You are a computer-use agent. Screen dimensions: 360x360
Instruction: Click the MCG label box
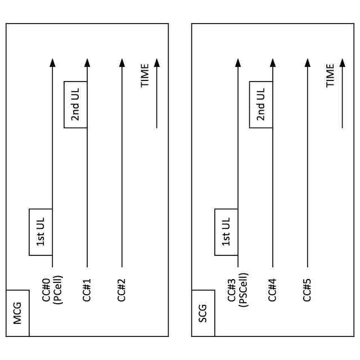pos(17,313)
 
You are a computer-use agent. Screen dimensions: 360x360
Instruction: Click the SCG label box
pos(203,313)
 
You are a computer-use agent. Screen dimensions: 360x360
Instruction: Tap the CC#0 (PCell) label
pos(52,289)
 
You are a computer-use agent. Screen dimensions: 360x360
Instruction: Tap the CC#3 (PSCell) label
pos(238,289)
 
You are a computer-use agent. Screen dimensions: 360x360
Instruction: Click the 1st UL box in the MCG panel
pos(40,232)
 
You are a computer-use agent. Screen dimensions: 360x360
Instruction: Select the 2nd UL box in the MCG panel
pos(75,105)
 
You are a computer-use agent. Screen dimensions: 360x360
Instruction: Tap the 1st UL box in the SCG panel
pos(226,232)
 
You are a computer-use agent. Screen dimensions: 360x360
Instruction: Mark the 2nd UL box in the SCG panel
pos(261,105)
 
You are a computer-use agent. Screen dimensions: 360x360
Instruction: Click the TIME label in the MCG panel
pos(145,75)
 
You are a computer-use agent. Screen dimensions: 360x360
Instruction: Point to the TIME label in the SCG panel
pos(331,75)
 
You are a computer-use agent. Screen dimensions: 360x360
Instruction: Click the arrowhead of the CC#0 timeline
pos(52,63)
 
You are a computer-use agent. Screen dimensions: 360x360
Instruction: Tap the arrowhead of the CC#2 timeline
pos(121,63)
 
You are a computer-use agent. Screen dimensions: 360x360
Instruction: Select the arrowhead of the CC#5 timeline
pos(307,63)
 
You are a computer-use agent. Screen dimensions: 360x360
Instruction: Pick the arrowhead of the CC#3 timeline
pos(238,63)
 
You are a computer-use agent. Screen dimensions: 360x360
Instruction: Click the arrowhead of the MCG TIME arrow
pos(157,63)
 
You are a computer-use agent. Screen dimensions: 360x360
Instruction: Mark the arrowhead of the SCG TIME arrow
pos(342,63)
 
